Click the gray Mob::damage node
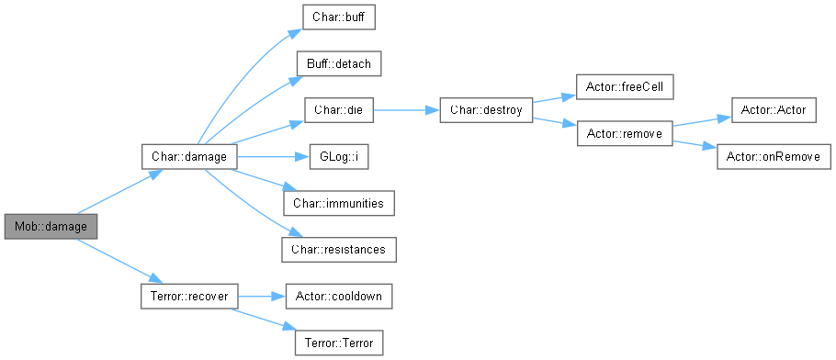(x=51, y=227)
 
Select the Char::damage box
(x=189, y=157)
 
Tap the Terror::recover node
(x=189, y=296)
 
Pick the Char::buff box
(x=339, y=17)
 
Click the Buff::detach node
(x=339, y=64)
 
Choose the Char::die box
(x=339, y=110)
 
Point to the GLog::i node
(x=339, y=157)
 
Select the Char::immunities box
(x=339, y=203)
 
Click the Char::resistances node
(x=339, y=250)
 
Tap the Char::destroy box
(x=486, y=110)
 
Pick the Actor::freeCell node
(x=625, y=86)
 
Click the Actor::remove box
(x=625, y=133)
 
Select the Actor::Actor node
(x=774, y=110)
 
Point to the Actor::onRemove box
(x=774, y=157)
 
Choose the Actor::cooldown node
(x=339, y=296)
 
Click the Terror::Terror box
(x=339, y=343)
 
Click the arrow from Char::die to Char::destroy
(x=406, y=110)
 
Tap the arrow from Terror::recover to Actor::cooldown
(x=261, y=296)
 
